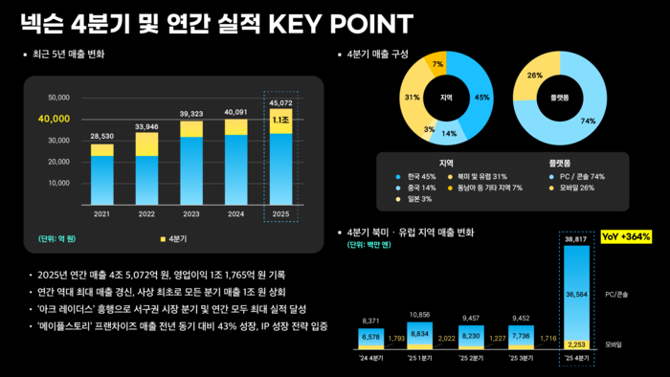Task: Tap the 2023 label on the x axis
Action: click(191, 213)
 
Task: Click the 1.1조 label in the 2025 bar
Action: click(280, 122)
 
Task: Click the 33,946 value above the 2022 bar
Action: click(146, 125)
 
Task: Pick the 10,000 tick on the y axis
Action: click(57, 183)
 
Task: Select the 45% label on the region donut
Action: click(482, 97)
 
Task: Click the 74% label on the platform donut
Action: click(588, 121)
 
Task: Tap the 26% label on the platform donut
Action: click(535, 75)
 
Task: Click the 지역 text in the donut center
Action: click(446, 97)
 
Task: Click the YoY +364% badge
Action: click(626, 235)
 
